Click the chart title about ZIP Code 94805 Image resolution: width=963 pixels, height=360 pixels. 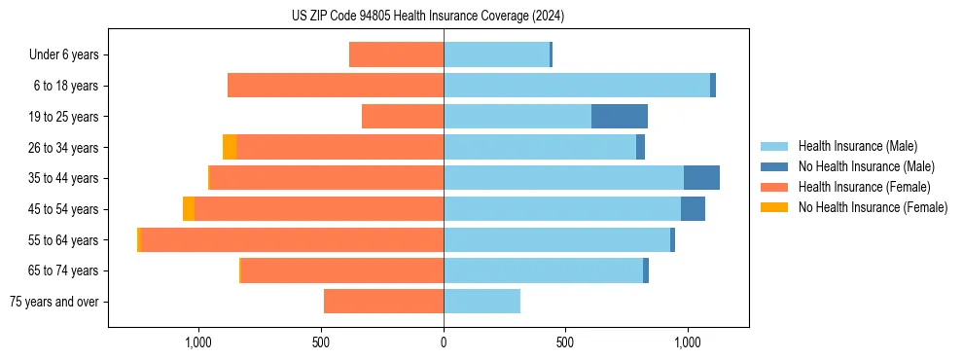(427, 16)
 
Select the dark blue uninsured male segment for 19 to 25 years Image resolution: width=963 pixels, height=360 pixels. (620, 117)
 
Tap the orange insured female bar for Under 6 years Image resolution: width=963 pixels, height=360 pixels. (396, 55)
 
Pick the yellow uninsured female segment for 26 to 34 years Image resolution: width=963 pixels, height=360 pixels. (230, 148)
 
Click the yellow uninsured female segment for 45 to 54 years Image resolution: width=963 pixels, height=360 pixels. (189, 209)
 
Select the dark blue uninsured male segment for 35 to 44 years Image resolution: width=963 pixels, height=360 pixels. (701, 178)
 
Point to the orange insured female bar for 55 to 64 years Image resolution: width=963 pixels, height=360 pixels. (292, 240)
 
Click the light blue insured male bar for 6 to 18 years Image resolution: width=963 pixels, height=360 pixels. (577, 86)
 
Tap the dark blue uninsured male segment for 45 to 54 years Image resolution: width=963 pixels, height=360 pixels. (693, 209)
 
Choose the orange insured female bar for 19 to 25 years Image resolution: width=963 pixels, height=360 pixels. (403, 117)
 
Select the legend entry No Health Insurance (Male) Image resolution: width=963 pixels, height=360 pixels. (866, 166)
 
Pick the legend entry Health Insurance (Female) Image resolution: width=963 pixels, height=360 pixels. (864, 187)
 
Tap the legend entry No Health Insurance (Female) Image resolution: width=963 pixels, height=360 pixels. (873, 207)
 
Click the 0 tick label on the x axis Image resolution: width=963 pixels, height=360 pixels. (444, 342)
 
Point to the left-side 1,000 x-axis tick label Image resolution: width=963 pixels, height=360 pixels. (198, 342)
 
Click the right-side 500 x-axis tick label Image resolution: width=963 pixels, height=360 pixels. (566, 342)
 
